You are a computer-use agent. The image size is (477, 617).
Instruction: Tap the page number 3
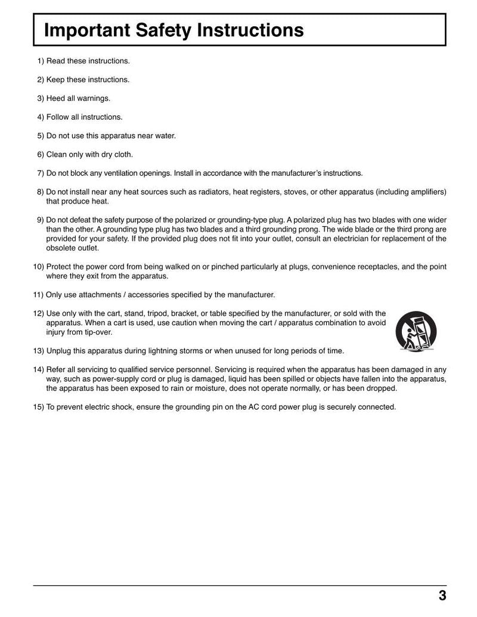442,596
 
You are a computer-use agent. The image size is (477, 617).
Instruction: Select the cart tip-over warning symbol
416,331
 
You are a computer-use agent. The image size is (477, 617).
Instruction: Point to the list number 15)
38,407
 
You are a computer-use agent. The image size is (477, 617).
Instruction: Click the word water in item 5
165,136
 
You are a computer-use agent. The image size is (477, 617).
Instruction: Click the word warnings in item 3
94,98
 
